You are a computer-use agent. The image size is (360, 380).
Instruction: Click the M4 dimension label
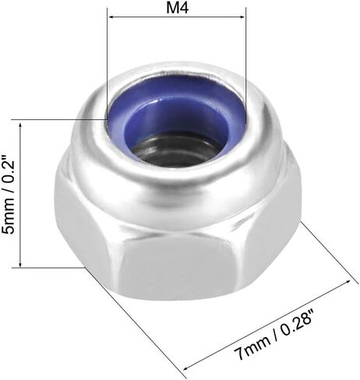click(x=177, y=8)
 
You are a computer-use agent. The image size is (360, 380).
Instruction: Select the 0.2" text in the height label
click(x=9, y=169)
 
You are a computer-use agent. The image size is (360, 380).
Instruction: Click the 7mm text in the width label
click(x=252, y=347)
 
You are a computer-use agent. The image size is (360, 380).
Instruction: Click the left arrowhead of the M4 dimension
click(x=111, y=17)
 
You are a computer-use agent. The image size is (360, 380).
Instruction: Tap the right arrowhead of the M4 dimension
click(x=242, y=17)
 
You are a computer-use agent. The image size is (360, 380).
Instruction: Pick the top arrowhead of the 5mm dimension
click(x=20, y=126)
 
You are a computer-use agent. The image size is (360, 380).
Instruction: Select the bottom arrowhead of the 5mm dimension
click(x=20, y=263)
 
